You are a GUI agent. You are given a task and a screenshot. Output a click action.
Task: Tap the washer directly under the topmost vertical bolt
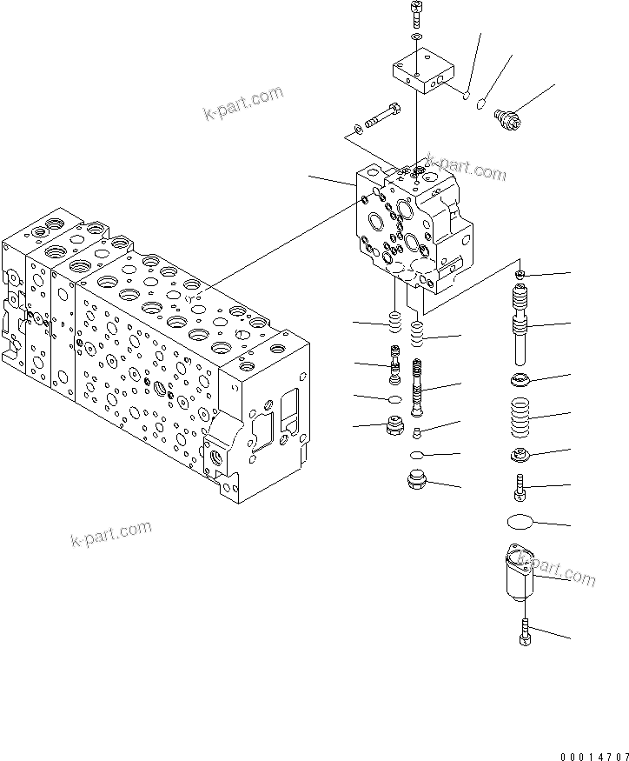tap(416, 38)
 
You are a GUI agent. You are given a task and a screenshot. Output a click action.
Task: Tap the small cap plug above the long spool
tap(520, 275)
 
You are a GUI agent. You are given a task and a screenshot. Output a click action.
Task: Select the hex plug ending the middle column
tap(418, 479)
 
